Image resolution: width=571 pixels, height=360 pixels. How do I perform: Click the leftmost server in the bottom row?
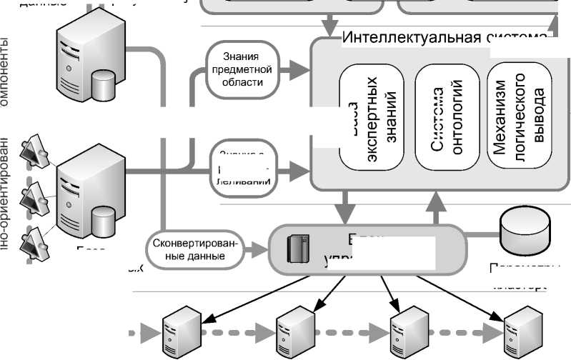click(x=179, y=331)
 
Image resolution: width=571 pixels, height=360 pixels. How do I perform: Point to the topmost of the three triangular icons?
click(x=35, y=149)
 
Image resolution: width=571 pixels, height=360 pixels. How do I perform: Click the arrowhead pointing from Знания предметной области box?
click(x=303, y=69)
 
